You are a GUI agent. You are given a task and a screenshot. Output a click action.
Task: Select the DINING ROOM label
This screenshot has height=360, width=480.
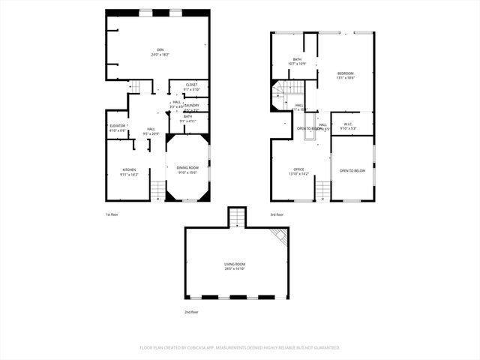pyautogui.click(x=187, y=168)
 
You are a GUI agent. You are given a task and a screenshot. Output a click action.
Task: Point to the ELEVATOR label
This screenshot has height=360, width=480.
pyautogui.click(x=117, y=125)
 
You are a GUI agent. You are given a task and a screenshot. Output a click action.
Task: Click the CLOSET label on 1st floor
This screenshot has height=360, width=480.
pyautogui.click(x=191, y=85)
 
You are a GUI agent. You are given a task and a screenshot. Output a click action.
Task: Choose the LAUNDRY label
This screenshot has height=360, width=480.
pyautogui.click(x=191, y=106)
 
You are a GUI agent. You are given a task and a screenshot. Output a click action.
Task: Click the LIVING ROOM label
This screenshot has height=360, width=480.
pyautogui.click(x=235, y=264)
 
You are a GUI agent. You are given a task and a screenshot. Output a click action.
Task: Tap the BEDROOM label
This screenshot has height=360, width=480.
pyautogui.click(x=345, y=73)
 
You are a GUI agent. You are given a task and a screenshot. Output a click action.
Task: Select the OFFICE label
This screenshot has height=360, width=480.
pyautogui.click(x=298, y=169)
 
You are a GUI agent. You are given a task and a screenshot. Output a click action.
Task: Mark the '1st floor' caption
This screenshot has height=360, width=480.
pyautogui.click(x=112, y=214)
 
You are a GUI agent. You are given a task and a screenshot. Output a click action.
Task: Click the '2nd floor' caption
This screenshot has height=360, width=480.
pyautogui.click(x=191, y=311)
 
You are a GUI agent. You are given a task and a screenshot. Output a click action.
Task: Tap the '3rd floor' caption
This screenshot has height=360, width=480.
pyautogui.click(x=277, y=214)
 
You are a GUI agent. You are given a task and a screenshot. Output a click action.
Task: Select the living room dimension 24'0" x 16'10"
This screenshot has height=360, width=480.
pyautogui.click(x=235, y=268)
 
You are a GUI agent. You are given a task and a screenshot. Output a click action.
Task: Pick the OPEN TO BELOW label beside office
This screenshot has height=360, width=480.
pyautogui.click(x=352, y=170)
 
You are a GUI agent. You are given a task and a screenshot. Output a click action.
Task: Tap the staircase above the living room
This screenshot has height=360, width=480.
pyautogui.click(x=236, y=217)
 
